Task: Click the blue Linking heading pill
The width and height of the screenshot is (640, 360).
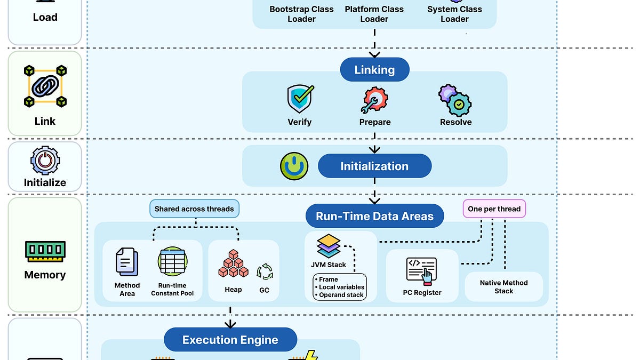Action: tap(374, 70)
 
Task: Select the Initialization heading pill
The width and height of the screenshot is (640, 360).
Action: tap(374, 166)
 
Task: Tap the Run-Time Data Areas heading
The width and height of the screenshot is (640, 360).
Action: tap(374, 217)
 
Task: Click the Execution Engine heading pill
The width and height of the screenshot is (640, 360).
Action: tap(230, 340)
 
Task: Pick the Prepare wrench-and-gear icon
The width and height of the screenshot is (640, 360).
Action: tap(374, 100)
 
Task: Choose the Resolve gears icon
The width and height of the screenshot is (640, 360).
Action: tap(455, 100)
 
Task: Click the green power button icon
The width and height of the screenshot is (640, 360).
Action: tap(294, 166)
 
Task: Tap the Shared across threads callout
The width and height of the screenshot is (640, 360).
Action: tap(194, 209)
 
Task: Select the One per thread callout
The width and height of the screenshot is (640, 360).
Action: tap(494, 209)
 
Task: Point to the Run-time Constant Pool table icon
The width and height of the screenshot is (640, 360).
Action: tap(172, 262)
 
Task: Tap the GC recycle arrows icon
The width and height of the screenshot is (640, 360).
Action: tap(265, 271)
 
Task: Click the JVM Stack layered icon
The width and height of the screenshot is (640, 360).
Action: tap(329, 246)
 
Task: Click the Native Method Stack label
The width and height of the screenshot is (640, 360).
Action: tap(503, 287)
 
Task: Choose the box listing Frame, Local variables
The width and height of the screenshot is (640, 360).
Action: tap(340, 287)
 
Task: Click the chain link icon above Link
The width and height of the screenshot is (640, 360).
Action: tap(45, 85)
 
